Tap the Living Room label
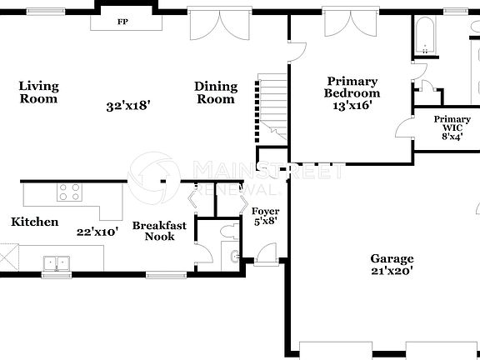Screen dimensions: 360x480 click(x=38, y=92)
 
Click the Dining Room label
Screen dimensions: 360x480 click(x=215, y=92)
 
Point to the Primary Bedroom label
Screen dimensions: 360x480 click(x=352, y=93)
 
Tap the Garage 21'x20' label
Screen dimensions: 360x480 click(x=392, y=265)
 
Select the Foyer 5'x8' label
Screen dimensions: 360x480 click(x=266, y=217)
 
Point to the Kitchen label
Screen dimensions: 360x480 click(x=34, y=222)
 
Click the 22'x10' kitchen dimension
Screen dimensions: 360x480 click(x=98, y=232)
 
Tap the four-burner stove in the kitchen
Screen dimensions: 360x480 click(x=69, y=192)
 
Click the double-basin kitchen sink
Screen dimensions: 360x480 click(x=57, y=262)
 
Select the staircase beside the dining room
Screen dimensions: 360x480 click(x=271, y=108)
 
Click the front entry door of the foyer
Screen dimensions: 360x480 click(x=266, y=254)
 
